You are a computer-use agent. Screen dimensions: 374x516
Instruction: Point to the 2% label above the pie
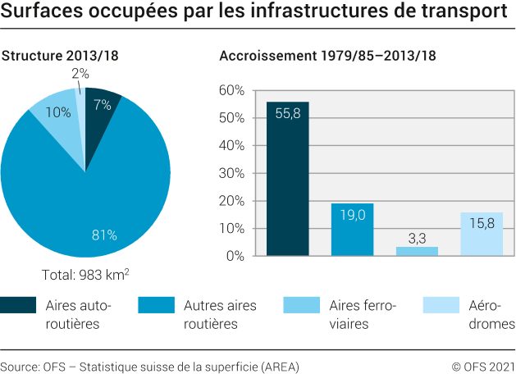pos(80,74)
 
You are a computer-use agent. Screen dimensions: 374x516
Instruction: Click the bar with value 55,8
pos(287,180)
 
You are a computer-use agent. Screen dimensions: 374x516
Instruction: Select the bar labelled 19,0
pos(352,230)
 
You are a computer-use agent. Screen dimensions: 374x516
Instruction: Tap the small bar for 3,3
pos(417,252)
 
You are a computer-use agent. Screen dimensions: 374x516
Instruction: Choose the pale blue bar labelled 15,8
pos(482,235)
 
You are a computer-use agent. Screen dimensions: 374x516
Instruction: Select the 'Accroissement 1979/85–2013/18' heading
pos(327,56)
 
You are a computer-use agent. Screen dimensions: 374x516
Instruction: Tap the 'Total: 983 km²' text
pos(85,275)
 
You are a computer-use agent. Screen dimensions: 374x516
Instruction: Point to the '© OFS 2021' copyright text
pos(482,366)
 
